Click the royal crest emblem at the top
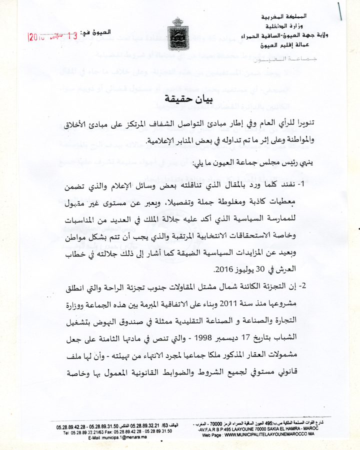click(x=178, y=32)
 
